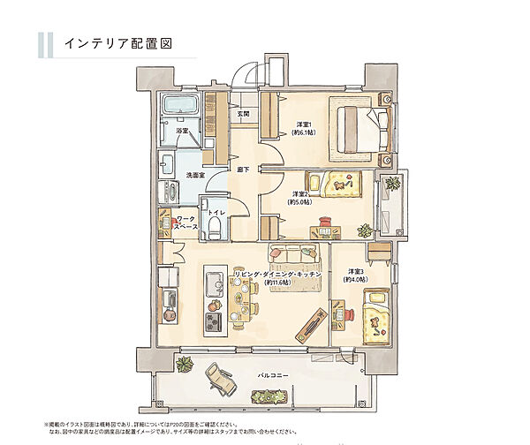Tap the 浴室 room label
coord(181,131)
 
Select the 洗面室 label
coord(195,175)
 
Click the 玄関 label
coord(243,114)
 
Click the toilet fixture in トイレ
coord(215,229)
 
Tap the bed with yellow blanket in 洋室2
coord(343,185)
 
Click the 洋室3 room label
coord(356,270)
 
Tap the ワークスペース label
coord(185,222)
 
